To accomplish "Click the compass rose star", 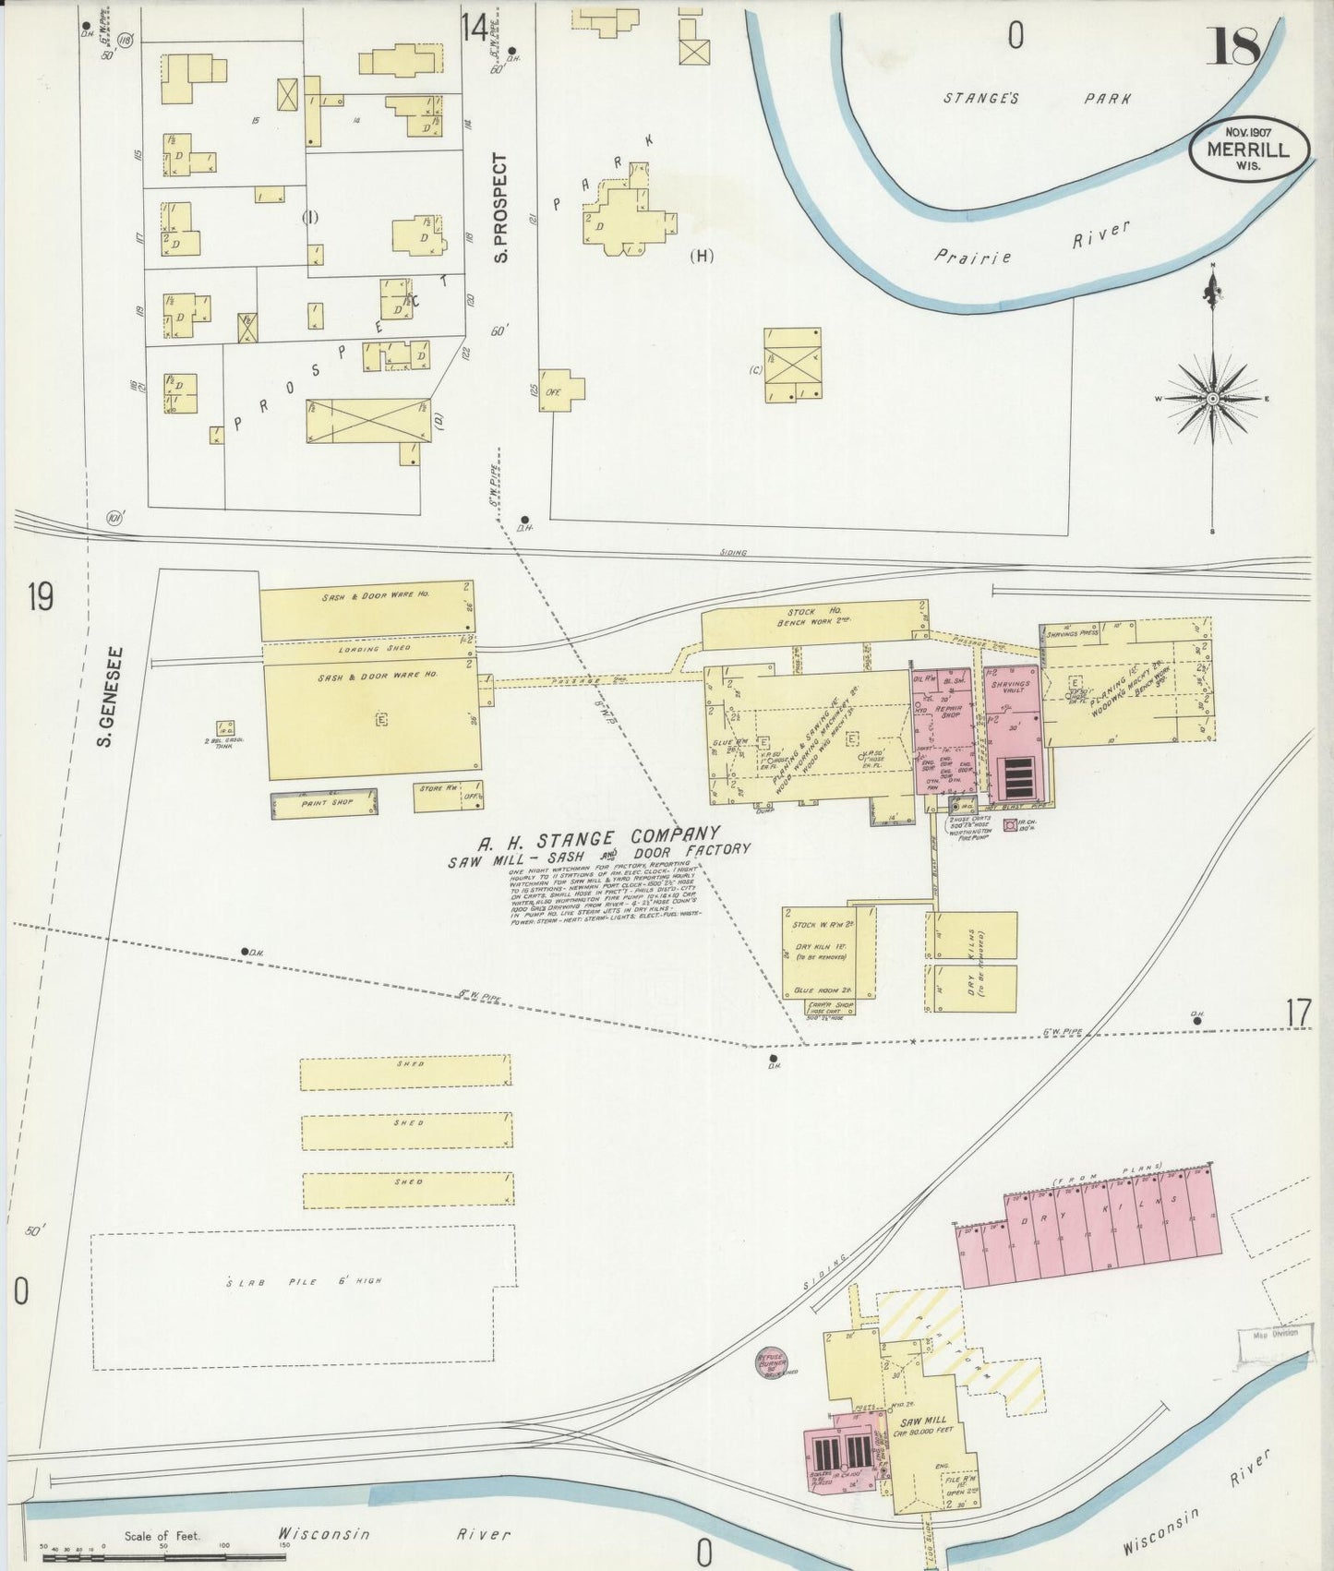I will tap(1211, 398).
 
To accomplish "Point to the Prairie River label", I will tap(1031, 246).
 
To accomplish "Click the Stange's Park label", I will tap(1036, 98).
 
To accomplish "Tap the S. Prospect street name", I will tap(501, 207).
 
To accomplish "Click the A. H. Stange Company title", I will tap(597, 838).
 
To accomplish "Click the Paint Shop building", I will tap(326, 803).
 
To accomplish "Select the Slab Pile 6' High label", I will tap(304, 1281).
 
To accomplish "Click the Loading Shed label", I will tap(366, 650).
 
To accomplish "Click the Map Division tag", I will tap(1275, 1333).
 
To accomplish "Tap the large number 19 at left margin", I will tap(40, 598).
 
